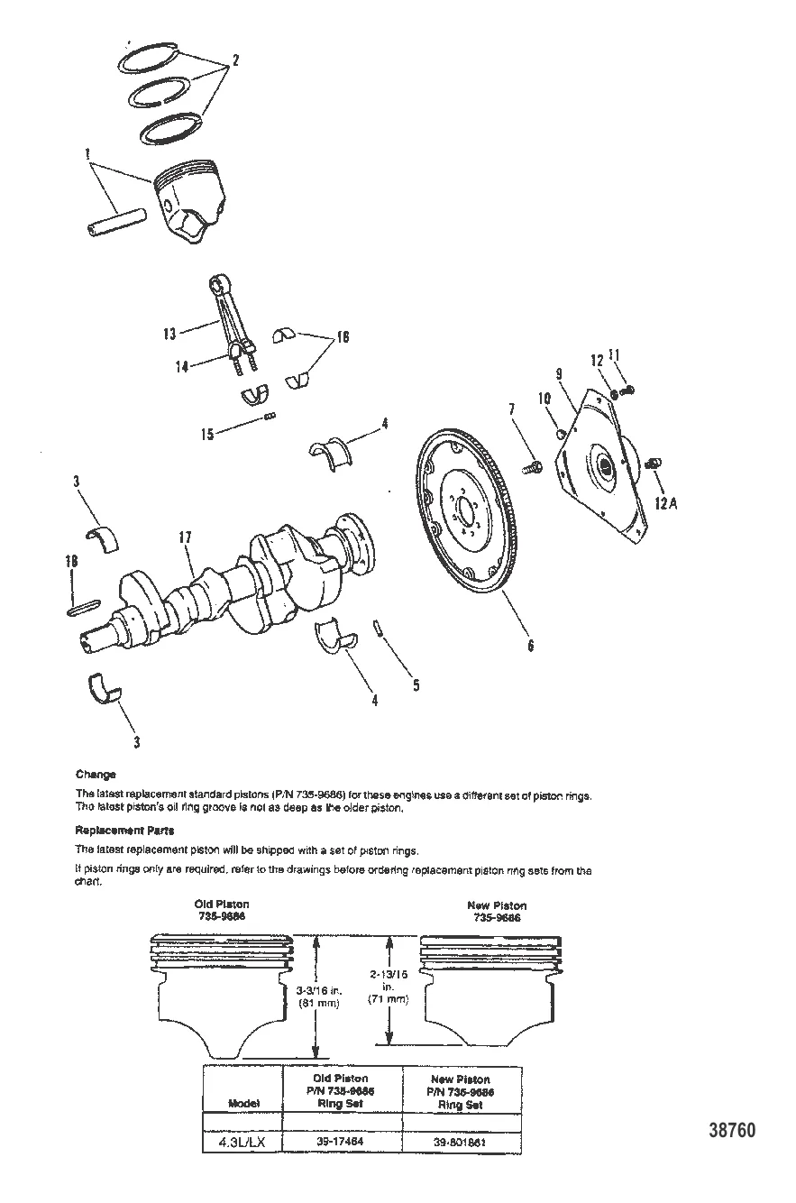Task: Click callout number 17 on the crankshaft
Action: (x=185, y=538)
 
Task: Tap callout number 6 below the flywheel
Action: (x=530, y=646)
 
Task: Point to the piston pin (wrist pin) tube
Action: (x=118, y=223)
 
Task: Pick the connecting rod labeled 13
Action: (x=226, y=316)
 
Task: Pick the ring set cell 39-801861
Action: (x=461, y=1142)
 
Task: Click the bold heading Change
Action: (x=96, y=774)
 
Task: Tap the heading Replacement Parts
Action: (x=124, y=830)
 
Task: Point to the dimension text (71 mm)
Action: (x=388, y=999)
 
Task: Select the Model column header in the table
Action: (x=243, y=1103)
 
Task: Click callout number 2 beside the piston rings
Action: (x=235, y=61)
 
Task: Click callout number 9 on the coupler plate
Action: (x=559, y=371)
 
